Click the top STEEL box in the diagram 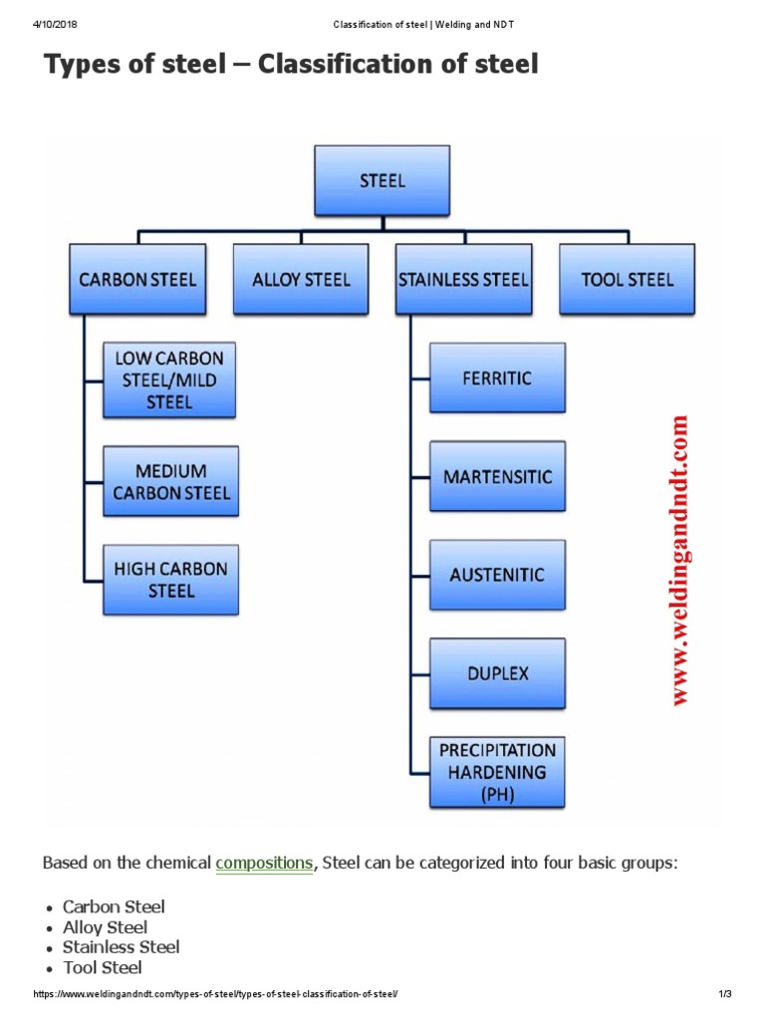(x=382, y=180)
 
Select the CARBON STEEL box (x=137, y=279)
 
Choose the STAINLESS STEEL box (x=463, y=279)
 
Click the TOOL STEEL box (x=627, y=279)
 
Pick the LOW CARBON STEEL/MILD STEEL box (x=169, y=381)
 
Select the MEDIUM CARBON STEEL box (x=170, y=481)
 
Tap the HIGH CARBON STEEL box (x=170, y=579)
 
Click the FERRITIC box (x=497, y=378)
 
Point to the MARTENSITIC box (x=497, y=476)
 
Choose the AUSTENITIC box (x=497, y=575)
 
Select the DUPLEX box (x=497, y=672)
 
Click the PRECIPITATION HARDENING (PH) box (x=497, y=772)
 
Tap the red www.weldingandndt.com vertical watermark (x=680, y=561)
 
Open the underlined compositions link (x=264, y=863)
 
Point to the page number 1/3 (x=724, y=995)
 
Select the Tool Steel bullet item (x=102, y=967)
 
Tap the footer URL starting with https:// (x=216, y=995)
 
